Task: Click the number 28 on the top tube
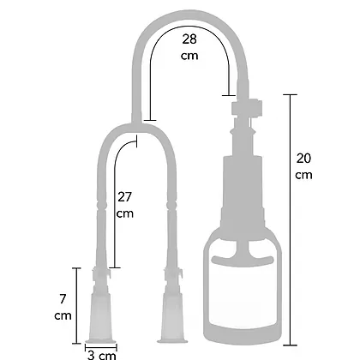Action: pos(189,39)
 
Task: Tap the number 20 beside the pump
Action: pos(304,158)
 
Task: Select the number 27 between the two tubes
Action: pos(125,196)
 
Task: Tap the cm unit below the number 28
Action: pos(189,56)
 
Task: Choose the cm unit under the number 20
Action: pos(304,175)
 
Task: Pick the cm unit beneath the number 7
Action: pos(63,316)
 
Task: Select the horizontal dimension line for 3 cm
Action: pos(101,344)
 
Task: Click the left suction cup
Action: pos(101,313)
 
